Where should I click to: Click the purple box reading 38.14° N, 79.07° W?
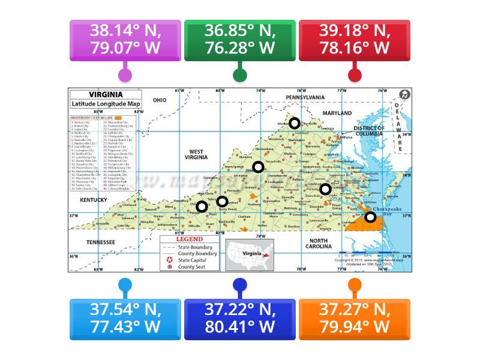coord(125,40)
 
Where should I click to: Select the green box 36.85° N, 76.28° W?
coord(239,40)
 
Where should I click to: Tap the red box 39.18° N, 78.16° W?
coord(355,40)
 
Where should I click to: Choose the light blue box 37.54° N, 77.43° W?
coord(125,319)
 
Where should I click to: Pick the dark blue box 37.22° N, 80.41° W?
coord(239,319)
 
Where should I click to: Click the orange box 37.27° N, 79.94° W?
coord(355,319)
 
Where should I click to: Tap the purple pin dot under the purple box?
coord(125,76)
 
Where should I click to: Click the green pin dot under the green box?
coord(239,76)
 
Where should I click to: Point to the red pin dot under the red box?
coord(355,76)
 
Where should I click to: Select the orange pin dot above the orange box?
coord(355,284)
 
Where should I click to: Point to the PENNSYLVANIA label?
coord(305,97)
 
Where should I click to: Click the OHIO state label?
coord(159,100)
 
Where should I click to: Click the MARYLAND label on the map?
coord(337,113)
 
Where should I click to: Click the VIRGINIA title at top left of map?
coord(106,95)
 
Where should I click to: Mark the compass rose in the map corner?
coord(404,95)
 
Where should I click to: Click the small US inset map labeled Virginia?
coord(249,254)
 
